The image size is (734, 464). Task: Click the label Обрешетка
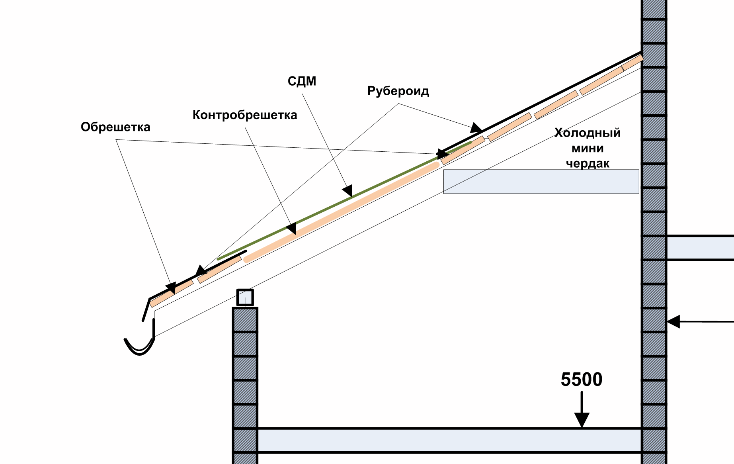coord(115,127)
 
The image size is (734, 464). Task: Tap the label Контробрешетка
coord(245,115)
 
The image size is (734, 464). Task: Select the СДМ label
coord(302,81)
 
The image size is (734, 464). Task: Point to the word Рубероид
coord(398,91)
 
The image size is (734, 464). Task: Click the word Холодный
coord(588,133)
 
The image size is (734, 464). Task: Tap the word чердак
coord(588,164)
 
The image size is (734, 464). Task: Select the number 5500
coord(582,379)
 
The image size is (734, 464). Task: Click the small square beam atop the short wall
coord(245,298)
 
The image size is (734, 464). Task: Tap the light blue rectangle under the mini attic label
coord(541,182)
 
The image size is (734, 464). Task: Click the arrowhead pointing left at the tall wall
coord(673,321)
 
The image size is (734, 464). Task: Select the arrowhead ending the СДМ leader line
coord(347,191)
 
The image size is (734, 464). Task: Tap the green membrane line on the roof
coord(344,200)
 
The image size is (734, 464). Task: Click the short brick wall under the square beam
coord(245,386)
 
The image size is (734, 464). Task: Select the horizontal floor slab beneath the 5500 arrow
coord(450,441)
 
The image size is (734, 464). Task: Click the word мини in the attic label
coord(588,149)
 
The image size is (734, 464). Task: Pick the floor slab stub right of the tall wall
coord(700,248)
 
